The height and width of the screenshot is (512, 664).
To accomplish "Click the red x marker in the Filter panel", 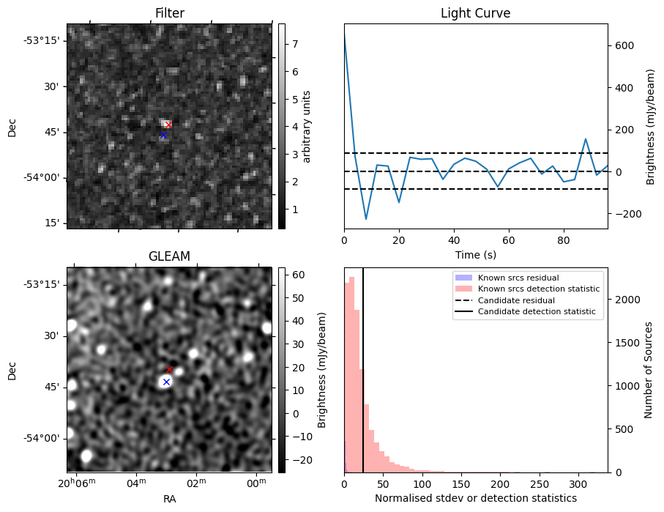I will pyautogui.click(x=168, y=125).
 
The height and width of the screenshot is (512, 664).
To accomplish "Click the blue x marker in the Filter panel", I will pyautogui.click(x=163, y=136).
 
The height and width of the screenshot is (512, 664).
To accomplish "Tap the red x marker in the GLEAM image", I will pyautogui.click(x=169, y=369).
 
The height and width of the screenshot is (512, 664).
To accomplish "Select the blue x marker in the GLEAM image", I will pyautogui.click(x=166, y=382).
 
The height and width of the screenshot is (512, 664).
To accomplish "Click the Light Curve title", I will pyautogui.click(x=475, y=13).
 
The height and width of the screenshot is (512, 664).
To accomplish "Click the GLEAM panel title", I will pyautogui.click(x=169, y=256).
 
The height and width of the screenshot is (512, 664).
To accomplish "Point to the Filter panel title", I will pyautogui.click(x=169, y=13).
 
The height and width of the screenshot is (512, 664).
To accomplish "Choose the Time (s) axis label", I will pyautogui.click(x=475, y=254).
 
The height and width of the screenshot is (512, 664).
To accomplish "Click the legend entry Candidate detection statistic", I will pyautogui.click(x=538, y=312).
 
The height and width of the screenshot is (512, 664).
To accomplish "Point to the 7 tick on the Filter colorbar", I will pyautogui.click(x=294, y=44).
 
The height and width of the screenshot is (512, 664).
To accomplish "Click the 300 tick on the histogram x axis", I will pyautogui.click(x=577, y=483).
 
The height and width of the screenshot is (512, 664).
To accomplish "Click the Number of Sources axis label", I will pyautogui.click(x=649, y=369).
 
